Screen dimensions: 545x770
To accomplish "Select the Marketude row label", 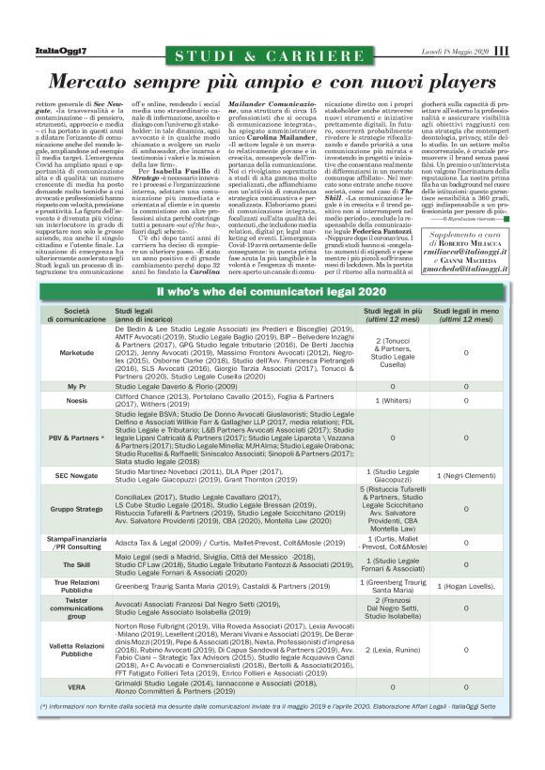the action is pos(77,352).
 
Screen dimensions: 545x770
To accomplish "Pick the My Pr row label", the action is pos(77,386).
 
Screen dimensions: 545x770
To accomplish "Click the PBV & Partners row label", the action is pos(77,438).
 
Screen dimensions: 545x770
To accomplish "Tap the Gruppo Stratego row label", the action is pos(77,508).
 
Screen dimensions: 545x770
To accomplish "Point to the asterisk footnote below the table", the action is pos(263,704).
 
